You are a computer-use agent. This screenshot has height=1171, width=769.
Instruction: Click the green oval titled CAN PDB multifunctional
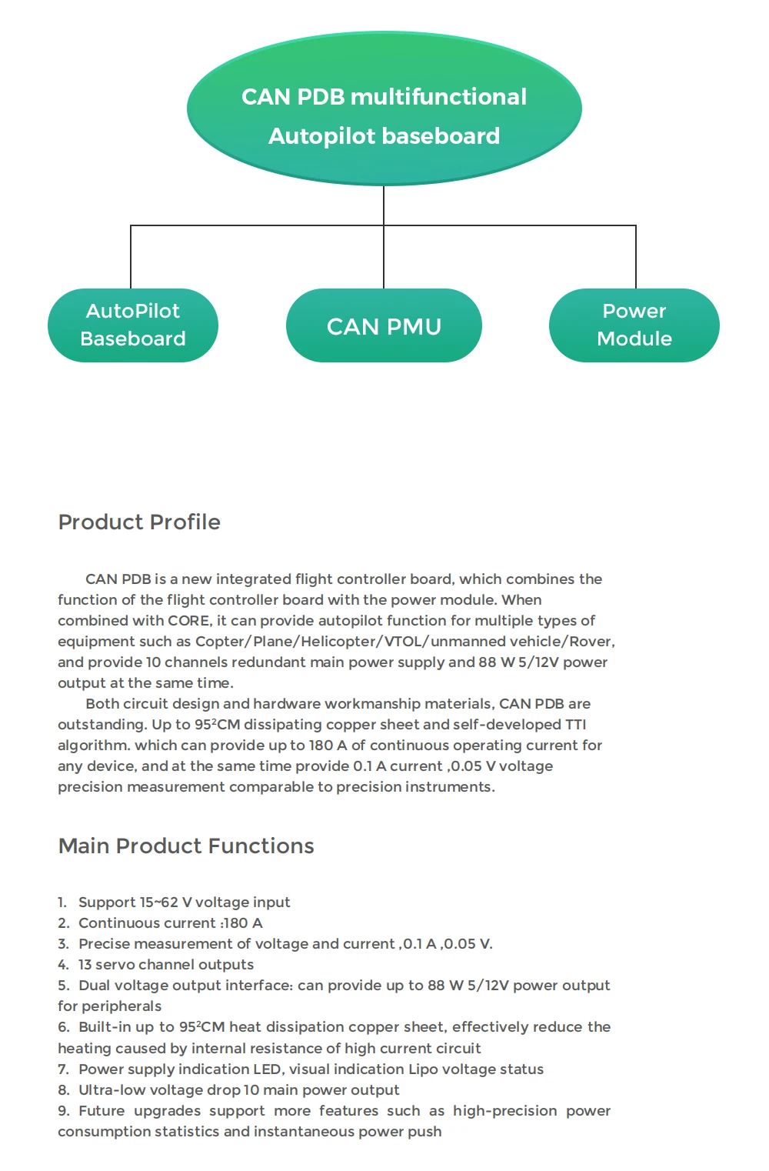384,108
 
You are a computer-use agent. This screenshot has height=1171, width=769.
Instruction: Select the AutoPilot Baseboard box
133,325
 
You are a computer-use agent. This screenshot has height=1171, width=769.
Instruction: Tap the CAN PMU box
384,326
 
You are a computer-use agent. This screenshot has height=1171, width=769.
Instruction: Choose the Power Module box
634,325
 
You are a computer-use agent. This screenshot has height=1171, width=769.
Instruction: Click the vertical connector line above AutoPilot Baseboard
131,257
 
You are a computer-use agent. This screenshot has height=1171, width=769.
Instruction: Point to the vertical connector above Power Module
636,257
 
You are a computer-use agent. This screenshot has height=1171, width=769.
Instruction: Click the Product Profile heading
139,522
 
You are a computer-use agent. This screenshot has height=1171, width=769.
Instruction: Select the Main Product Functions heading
186,846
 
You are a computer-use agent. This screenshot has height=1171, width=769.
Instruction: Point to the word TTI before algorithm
575,725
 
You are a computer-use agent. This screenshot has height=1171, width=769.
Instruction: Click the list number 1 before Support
62,902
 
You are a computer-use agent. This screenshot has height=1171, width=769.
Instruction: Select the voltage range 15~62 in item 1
158,902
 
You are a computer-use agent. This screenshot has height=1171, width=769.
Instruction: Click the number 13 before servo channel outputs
85,965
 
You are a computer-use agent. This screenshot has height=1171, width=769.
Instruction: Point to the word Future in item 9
102,1111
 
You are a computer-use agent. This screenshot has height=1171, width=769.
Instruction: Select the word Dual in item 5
95,986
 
